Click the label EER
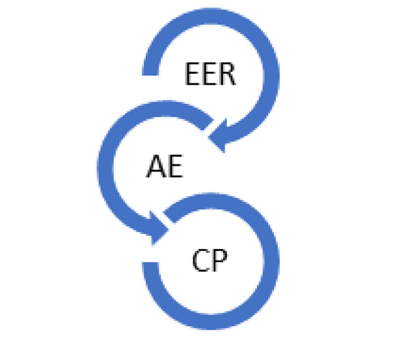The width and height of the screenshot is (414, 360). coord(210,75)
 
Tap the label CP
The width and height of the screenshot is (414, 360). coord(210,261)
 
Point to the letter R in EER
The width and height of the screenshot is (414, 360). coord(225,75)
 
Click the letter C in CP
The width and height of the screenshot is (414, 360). coord(200,261)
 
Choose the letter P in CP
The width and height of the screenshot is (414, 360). coord(220,261)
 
